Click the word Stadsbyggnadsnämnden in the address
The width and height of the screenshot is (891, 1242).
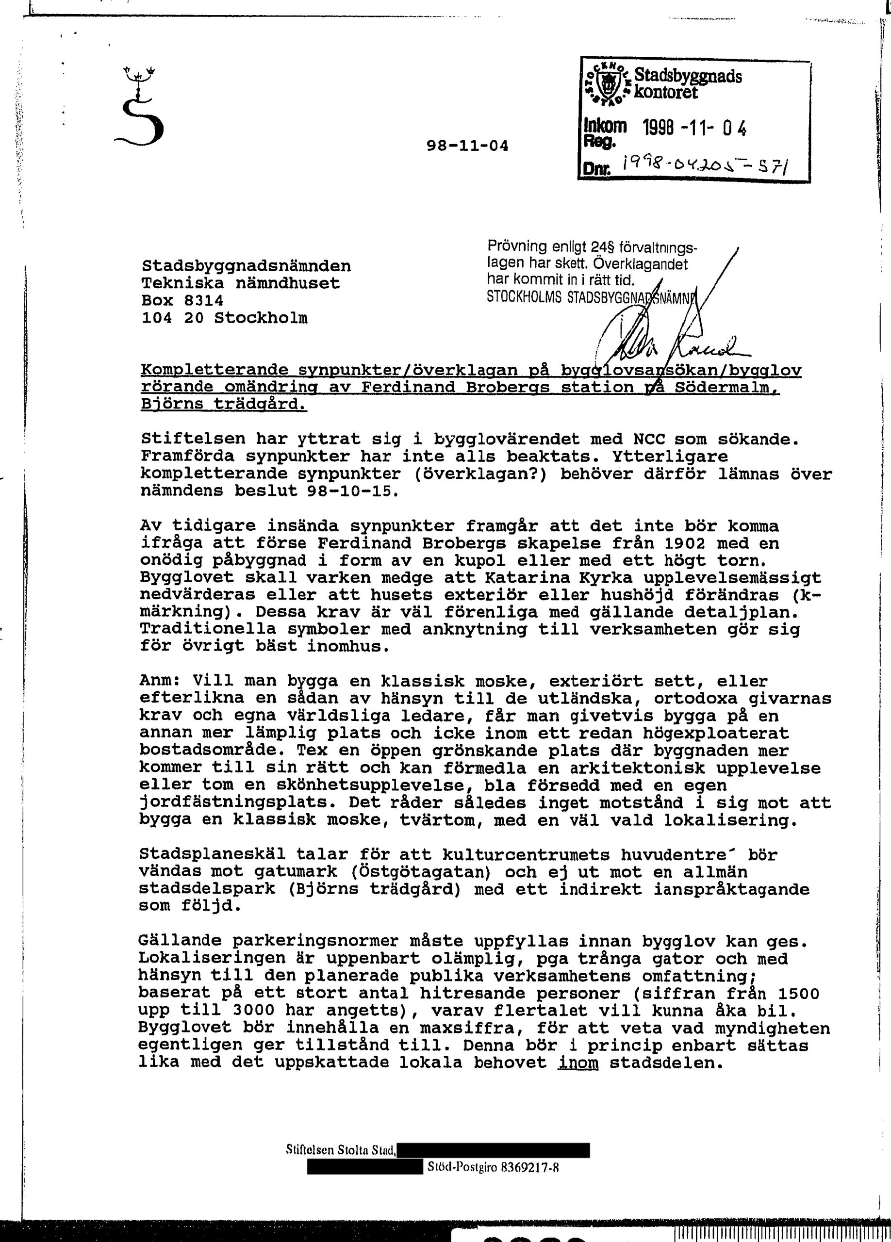(x=246, y=266)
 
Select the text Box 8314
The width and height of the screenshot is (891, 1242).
(x=182, y=301)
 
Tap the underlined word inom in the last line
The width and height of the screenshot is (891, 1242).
(x=578, y=1062)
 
